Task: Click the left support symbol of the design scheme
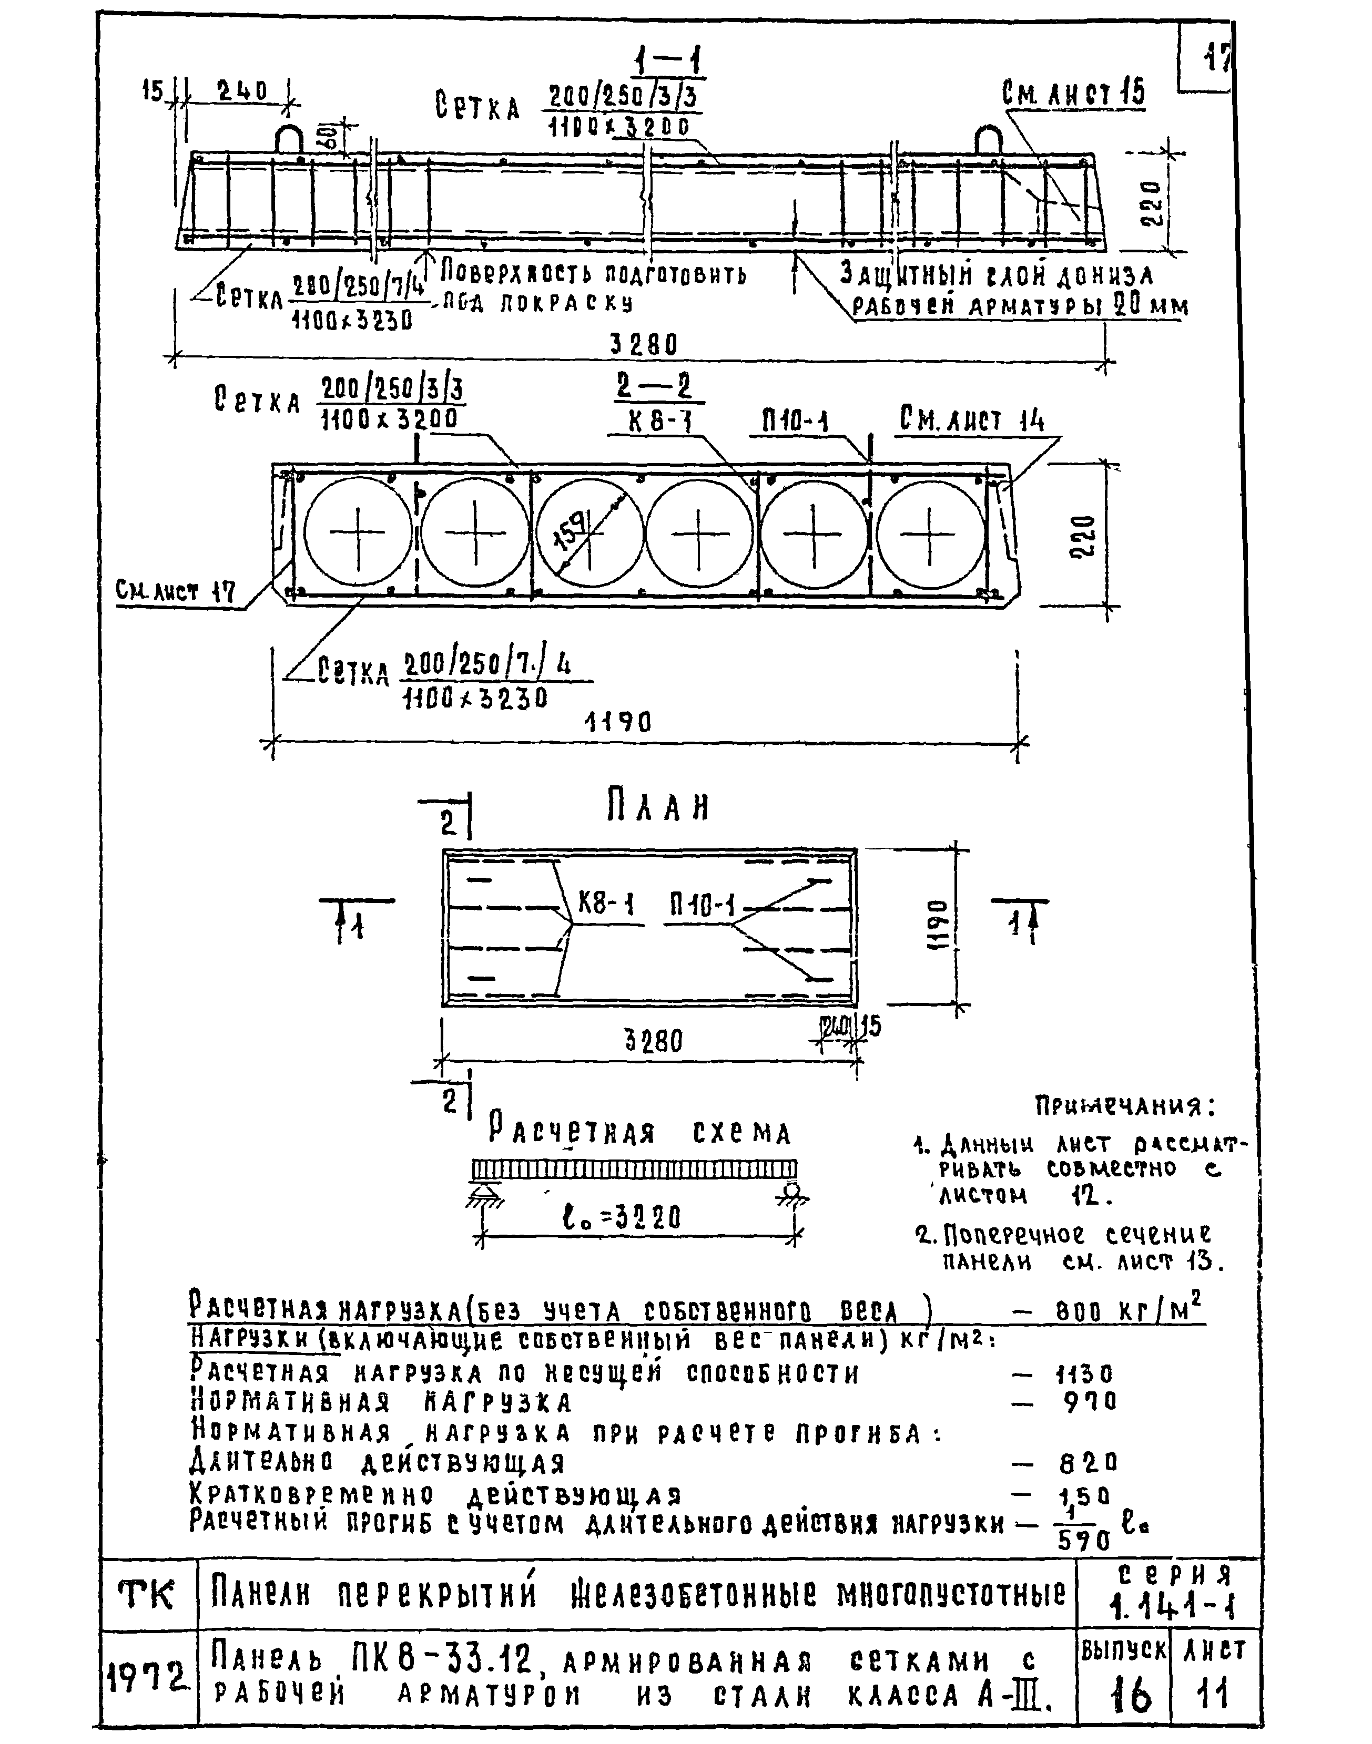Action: (482, 1194)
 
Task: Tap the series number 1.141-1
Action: (1172, 1606)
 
